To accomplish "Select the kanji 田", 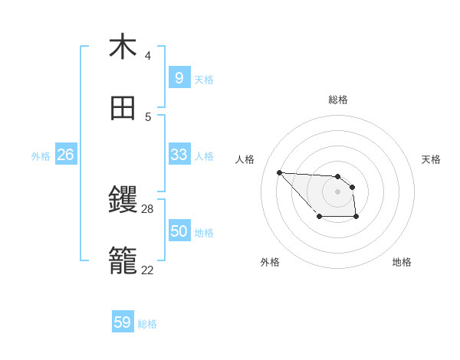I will [x=123, y=109].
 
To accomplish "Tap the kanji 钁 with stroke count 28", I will [x=123, y=201].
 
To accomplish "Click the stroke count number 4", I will [x=147, y=56].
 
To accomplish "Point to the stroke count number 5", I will [x=147, y=117].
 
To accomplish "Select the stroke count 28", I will [x=148, y=208].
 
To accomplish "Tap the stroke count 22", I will [x=148, y=270].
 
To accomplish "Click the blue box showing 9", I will [x=179, y=77].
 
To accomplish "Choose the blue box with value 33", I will [x=179, y=155].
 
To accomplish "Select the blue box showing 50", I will [x=179, y=231].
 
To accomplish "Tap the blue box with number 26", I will [x=65, y=155].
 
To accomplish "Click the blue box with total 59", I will [x=122, y=322].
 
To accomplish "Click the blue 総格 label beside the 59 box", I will [x=147, y=324].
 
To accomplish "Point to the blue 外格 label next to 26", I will [x=41, y=156].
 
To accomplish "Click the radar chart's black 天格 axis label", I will [x=431, y=159].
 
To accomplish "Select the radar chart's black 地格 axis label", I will [x=402, y=262].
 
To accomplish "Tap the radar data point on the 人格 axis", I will [x=279, y=172].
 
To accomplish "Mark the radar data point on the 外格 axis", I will [x=319, y=218].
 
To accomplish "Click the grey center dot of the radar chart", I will [x=337, y=191].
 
